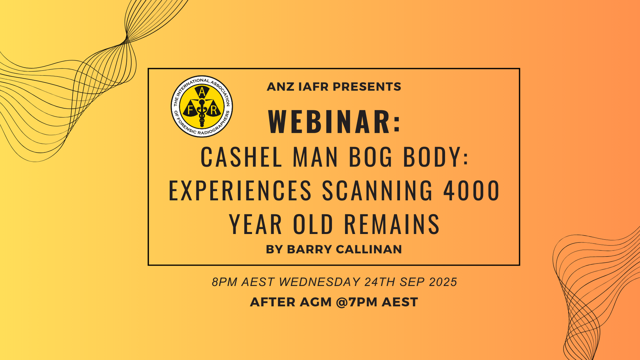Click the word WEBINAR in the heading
(329, 122)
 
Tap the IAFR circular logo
(202, 106)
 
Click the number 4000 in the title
(471, 190)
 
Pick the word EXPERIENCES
(240, 190)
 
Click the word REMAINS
(392, 224)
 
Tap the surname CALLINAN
(369, 249)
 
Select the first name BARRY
(309, 249)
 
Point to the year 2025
(443, 282)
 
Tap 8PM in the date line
(225, 282)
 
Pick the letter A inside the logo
(202, 92)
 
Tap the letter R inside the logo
(214, 111)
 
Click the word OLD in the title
(313, 224)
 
